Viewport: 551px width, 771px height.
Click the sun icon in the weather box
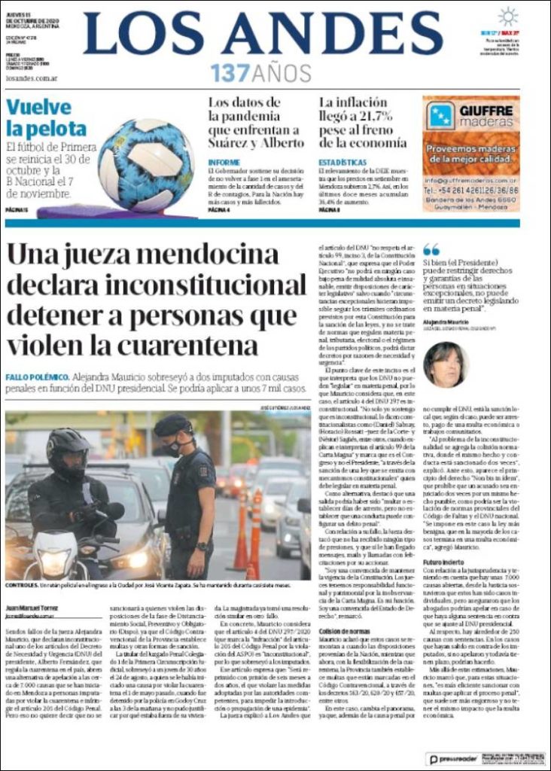click(x=508, y=17)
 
